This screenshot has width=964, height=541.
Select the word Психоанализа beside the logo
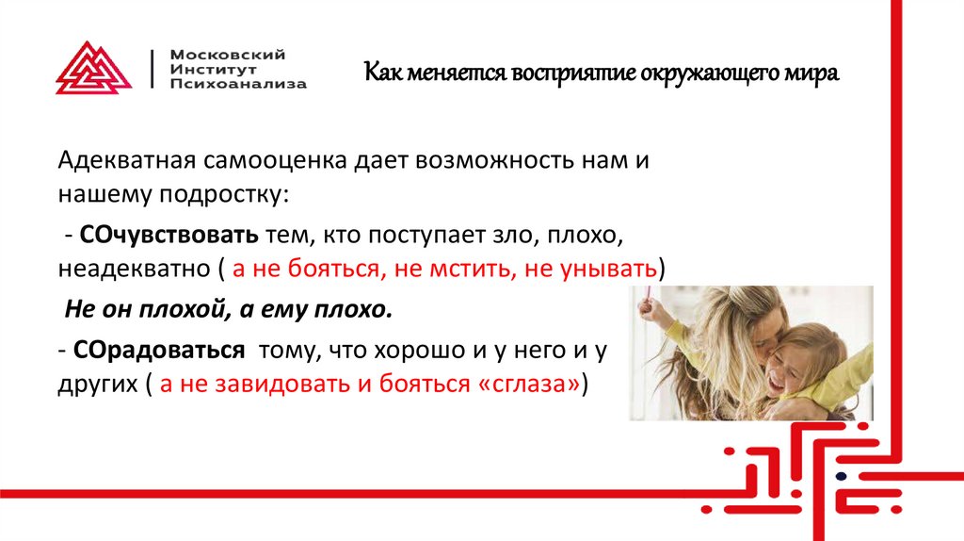tap(239, 84)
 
